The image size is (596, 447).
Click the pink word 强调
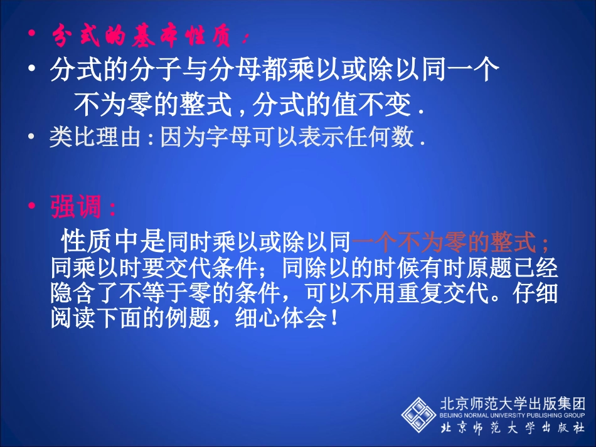73,208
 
